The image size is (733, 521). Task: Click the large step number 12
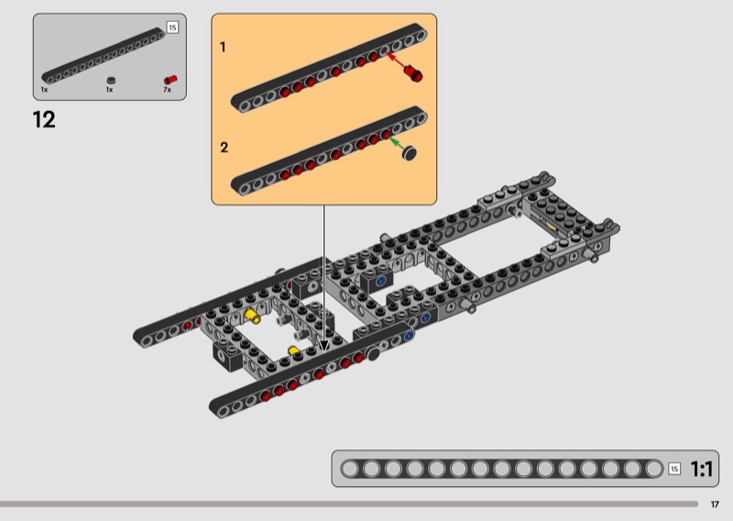coord(44,119)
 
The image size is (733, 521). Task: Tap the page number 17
coord(715,504)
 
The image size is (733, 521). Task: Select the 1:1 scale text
coord(701,469)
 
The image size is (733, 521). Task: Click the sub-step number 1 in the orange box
coord(223,47)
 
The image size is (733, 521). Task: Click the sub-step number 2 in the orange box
coord(224,148)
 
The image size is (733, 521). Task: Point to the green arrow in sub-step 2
coord(397,143)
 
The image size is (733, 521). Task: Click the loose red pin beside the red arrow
coord(414,73)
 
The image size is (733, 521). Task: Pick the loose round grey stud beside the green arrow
coord(410,153)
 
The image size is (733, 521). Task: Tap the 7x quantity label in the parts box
coord(167,89)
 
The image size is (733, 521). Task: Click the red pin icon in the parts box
coord(170,80)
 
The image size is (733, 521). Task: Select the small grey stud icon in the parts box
coord(111,81)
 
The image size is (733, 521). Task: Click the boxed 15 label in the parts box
coord(172,28)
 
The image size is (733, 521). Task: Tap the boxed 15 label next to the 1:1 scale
coord(674,469)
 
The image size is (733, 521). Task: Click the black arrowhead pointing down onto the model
coord(324,346)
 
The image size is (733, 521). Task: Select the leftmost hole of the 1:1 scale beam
coord(350,469)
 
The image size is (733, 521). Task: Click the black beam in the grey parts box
coord(104,56)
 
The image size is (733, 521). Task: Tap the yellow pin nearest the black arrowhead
coord(293,351)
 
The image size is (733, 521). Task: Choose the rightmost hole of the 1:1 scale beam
coord(653,469)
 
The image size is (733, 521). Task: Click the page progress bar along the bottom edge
coord(349,504)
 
